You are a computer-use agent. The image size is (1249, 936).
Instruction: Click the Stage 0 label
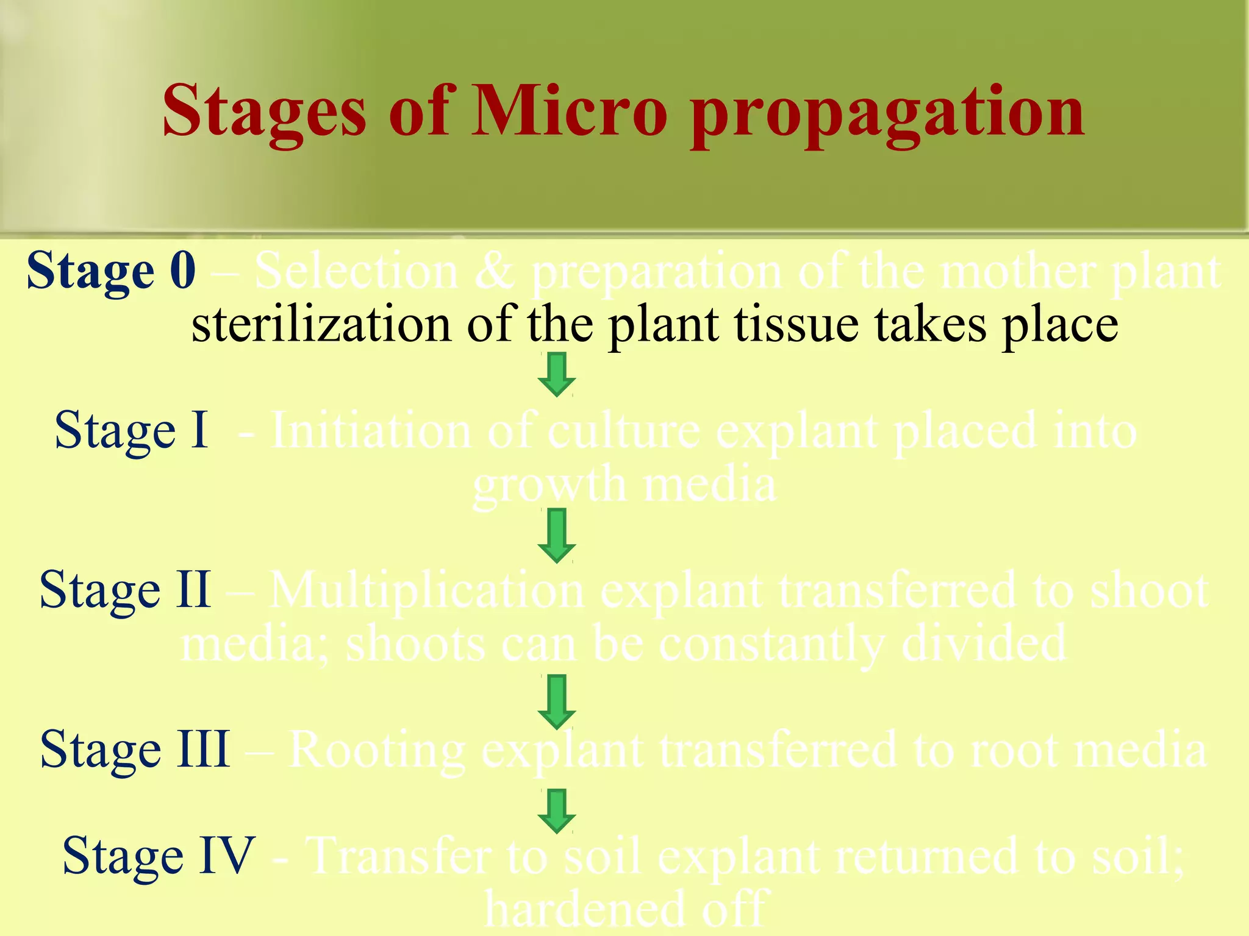tap(111, 271)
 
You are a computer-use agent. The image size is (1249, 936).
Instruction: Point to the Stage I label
tap(131, 430)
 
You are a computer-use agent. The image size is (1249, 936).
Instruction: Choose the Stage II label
tap(125, 590)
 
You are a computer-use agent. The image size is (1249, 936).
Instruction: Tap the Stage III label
tap(135, 749)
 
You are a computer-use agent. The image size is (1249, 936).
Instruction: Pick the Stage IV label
tap(158, 856)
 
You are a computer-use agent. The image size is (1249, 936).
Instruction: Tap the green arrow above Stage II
tap(556, 535)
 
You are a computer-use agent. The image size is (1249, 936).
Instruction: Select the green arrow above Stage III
tap(556, 701)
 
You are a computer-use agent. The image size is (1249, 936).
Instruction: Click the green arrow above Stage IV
tap(556, 811)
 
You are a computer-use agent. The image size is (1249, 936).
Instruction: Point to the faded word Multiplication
tap(427, 590)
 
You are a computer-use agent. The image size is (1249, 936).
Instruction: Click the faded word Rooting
tap(376, 750)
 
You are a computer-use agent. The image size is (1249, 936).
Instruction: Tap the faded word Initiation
tap(371, 430)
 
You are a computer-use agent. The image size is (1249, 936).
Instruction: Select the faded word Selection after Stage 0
tap(356, 271)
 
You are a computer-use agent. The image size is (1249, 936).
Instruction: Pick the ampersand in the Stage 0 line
tap(494, 271)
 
